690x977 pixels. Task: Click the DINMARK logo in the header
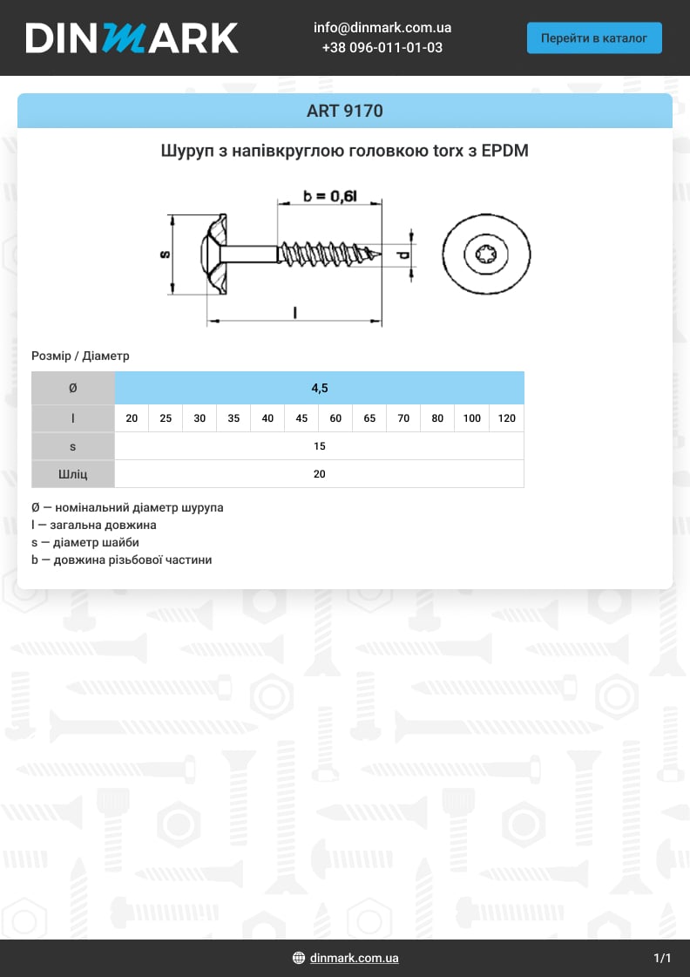pyautogui.click(x=132, y=38)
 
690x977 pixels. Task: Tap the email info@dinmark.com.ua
pyautogui.click(x=382, y=28)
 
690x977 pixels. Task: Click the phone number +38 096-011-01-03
pyautogui.click(x=382, y=48)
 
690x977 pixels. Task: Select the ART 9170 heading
pyautogui.click(x=345, y=112)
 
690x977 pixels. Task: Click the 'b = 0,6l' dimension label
pyautogui.click(x=330, y=197)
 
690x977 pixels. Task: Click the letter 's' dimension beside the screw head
pyautogui.click(x=164, y=254)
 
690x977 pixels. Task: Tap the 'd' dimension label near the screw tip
pyautogui.click(x=402, y=255)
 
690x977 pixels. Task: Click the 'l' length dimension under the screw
pyautogui.click(x=295, y=312)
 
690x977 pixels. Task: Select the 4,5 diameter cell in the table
pyautogui.click(x=320, y=388)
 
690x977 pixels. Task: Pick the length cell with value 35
pyautogui.click(x=233, y=418)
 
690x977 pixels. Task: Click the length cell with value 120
pyautogui.click(x=506, y=418)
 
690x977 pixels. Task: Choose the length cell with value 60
pyautogui.click(x=335, y=418)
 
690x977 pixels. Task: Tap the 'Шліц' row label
pyautogui.click(x=73, y=474)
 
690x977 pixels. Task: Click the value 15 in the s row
pyautogui.click(x=320, y=446)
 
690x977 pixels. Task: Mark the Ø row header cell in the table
pyautogui.click(x=73, y=388)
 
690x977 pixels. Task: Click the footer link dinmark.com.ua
pyautogui.click(x=354, y=958)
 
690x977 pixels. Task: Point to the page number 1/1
pyautogui.click(x=662, y=958)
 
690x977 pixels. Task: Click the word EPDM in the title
pyautogui.click(x=505, y=151)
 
